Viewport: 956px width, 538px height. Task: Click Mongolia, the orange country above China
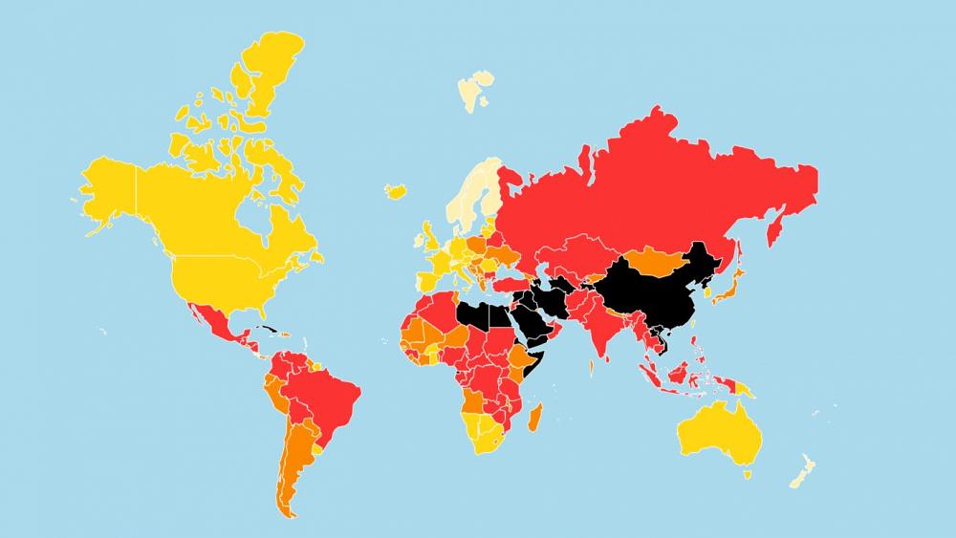[661, 257]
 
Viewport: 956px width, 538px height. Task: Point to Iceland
[396, 190]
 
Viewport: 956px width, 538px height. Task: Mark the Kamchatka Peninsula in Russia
[776, 225]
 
